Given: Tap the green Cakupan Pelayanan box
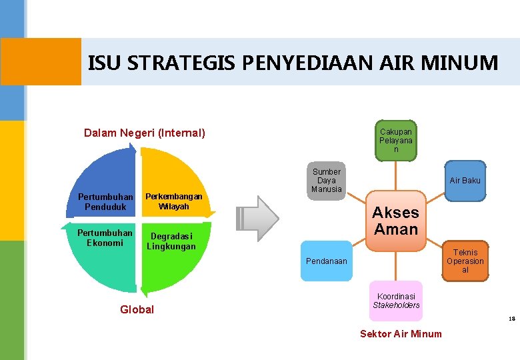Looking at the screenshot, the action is click(x=396, y=141).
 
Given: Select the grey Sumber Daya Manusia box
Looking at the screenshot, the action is click(x=327, y=180).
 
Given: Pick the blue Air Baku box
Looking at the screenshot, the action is click(x=465, y=181).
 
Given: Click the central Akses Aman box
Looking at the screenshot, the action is click(x=395, y=221).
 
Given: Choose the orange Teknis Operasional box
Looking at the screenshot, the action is click(x=465, y=261).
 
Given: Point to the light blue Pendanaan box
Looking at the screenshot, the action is click(x=326, y=261).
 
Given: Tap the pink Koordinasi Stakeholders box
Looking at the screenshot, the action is click(x=396, y=301).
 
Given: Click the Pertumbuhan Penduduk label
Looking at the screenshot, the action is click(x=105, y=201).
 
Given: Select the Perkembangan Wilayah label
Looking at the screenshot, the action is click(x=173, y=201).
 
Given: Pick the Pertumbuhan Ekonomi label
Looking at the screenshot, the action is click(x=105, y=237).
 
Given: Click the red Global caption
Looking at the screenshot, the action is click(x=137, y=309).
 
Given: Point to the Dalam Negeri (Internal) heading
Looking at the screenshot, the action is click(x=145, y=133).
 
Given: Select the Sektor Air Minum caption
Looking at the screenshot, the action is click(x=401, y=333).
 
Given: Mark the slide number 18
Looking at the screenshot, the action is click(x=511, y=319).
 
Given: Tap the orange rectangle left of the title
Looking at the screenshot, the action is click(x=41, y=61).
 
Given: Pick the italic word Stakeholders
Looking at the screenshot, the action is click(x=396, y=305).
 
